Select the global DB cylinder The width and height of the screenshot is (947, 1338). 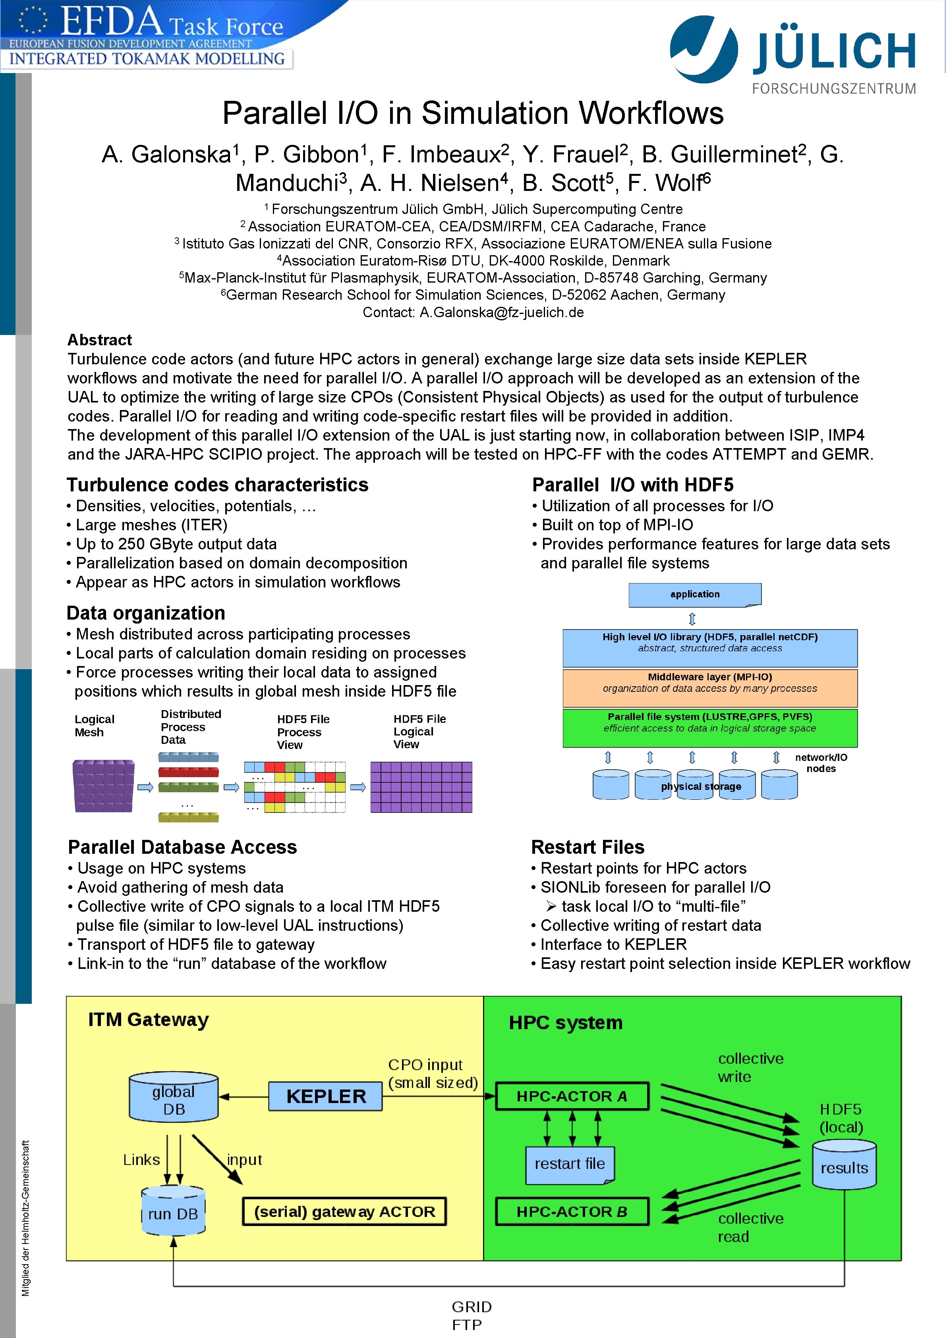pyautogui.click(x=174, y=1098)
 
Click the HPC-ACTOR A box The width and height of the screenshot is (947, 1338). pyautogui.click(x=572, y=1096)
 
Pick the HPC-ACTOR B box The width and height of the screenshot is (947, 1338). pyautogui.click(x=572, y=1211)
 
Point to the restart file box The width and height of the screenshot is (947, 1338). pyautogui.click(x=570, y=1164)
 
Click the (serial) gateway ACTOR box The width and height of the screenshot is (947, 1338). pyautogui.click(x=344, y=1211)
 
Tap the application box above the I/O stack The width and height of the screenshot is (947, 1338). pyautogui.click(x=694, y=595)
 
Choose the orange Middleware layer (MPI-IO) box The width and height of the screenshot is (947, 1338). pyautogui.click(x=710, y=687)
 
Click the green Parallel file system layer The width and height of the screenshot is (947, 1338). pyautogui.click(x=710, y=727)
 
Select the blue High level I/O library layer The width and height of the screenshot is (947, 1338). pyautogui.click(x=710, y=647)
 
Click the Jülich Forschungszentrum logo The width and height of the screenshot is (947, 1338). pyautogui.click(x=793, y=55)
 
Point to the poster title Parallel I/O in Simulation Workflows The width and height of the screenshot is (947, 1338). pyautogui.click(x=473, y=113)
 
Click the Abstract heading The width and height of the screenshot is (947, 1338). pyautogui.click(x=100, y=340)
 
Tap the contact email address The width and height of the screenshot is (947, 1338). pyautogui.click(x=501, y=312)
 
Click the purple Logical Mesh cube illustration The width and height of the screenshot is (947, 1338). pyautogui.click(x=103, y=786)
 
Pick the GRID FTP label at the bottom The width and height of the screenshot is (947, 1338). pyautogui.click(x=471, y=1315)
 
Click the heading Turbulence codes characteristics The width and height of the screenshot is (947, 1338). pyautogui.click(x=218, y=485)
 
